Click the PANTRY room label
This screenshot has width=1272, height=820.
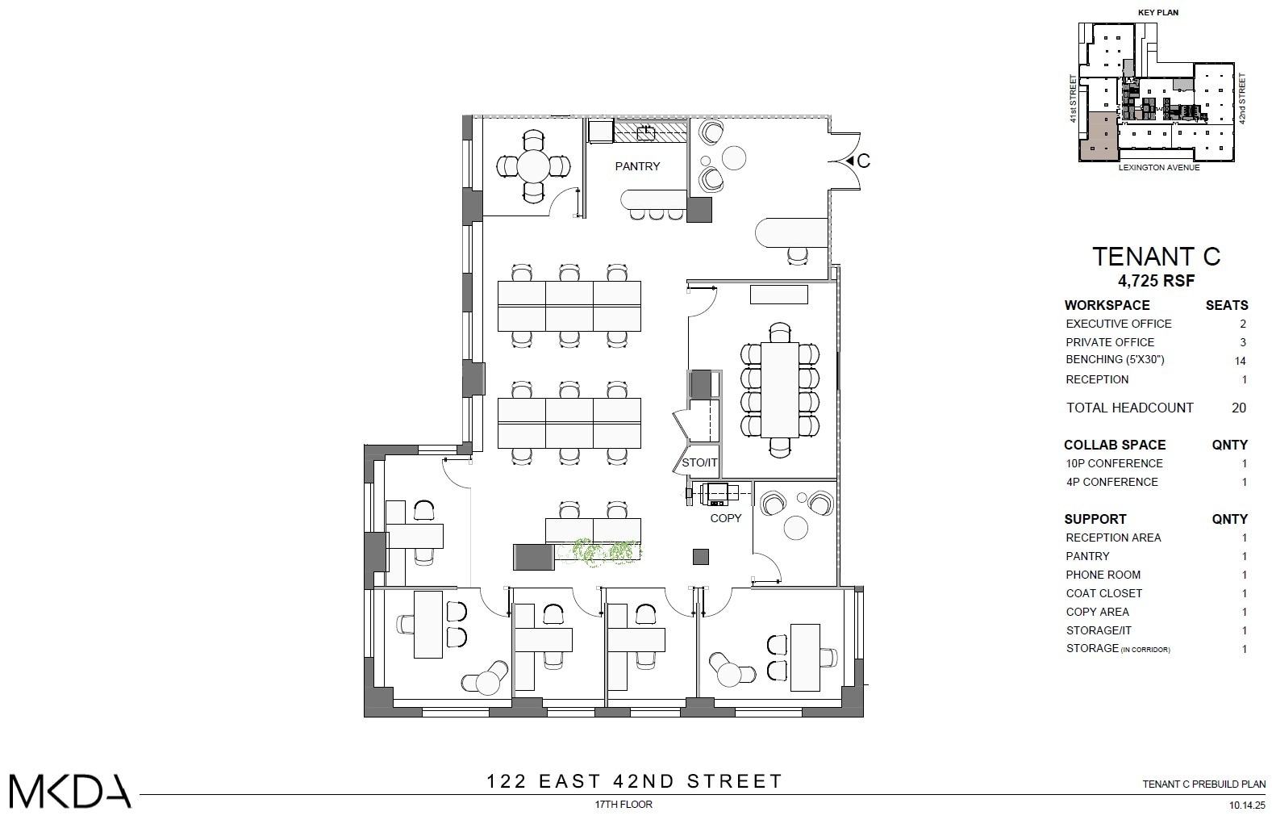[637, 166]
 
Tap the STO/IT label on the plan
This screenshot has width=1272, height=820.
[699, 463]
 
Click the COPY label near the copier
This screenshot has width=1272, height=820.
[725, 518]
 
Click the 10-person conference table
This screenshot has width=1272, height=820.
[779, 390]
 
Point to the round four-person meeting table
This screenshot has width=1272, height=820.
[532, 167]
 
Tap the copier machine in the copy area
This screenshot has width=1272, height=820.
[716, 493]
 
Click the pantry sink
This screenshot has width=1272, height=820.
[645, 133]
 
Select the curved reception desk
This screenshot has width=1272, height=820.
[790, 232]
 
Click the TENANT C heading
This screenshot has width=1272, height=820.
[1156, 257]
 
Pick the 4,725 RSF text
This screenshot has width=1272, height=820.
[1156, 281]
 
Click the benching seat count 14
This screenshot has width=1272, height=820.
[1240, 361]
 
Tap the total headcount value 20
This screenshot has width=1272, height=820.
[1238, 408]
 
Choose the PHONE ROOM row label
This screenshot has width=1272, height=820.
[1103, 575]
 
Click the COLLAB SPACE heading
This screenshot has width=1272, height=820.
[1115, 445]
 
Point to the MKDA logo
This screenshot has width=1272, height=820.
[69, 792]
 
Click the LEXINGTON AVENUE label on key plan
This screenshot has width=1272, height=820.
[1158, 168]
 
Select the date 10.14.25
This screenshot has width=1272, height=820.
[1247, 805]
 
